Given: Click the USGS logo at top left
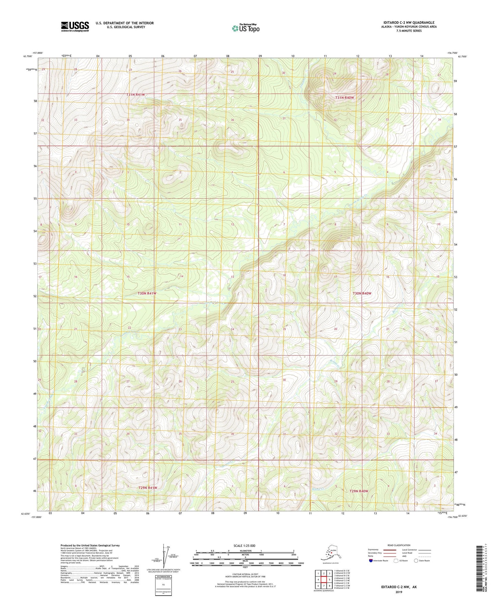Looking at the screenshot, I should click(x=75, y=26).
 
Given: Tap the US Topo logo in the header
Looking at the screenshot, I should click(x=245, y=28).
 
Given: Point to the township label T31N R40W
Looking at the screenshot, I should click(x=344, y=98).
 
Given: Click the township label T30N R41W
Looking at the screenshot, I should click(x=147, y=293).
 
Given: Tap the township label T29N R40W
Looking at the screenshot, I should click(x=359, y=491).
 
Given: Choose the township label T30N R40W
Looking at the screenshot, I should click(x=362, y=293).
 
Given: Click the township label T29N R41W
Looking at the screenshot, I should click(x=148, y=488).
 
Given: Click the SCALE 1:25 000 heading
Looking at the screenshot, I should click(x=245, y=545).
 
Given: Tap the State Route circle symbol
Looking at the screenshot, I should click(x=416, y=561).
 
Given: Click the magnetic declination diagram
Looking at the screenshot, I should click(x=166, y=555).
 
